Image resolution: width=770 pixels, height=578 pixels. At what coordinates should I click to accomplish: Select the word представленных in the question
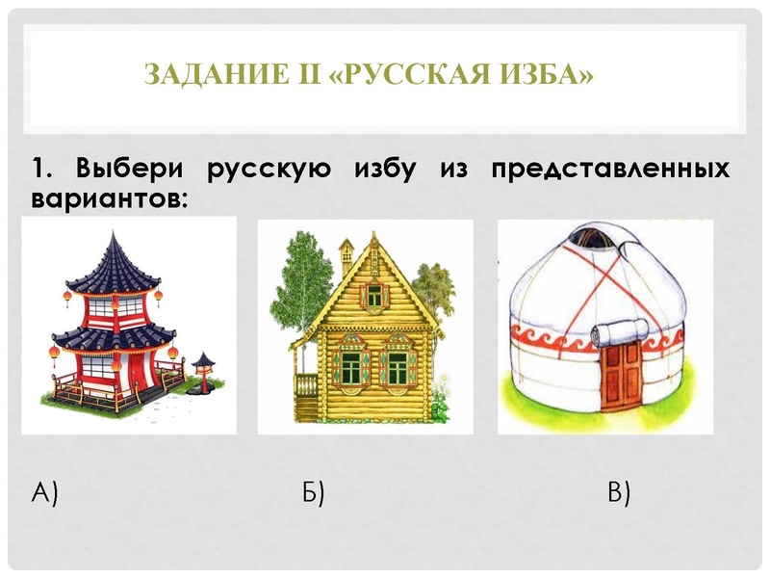pyautogui.click(x=610, y=171)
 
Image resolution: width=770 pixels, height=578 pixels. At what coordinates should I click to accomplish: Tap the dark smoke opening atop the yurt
pyautogui.click(x=595, y=237)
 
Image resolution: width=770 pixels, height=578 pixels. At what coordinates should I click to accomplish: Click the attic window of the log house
pyautogui.click(x=373, y=295)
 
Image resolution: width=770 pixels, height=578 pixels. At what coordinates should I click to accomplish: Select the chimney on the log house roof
pyautogui.click(x=346, y=252)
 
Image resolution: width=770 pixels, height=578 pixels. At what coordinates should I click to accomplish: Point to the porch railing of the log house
pyautogui.click(x=305, y=385)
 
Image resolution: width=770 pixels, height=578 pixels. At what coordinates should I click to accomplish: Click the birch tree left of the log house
pyautogui.click(x=293, y=289)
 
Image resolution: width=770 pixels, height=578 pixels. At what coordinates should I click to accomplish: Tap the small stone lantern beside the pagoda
pyautogui.click(x=202, y=372)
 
